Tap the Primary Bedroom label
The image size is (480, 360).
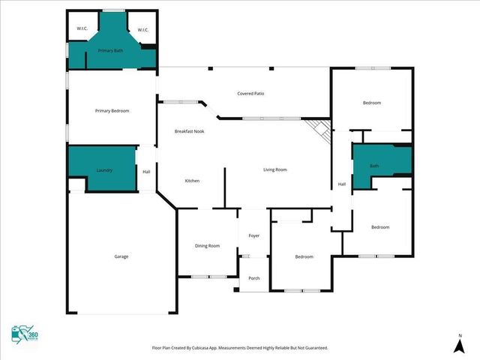pos(112,111)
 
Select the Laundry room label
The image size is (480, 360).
pos(104,170)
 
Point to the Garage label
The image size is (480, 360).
pos(121,256)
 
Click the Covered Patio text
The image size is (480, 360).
pos(250,94)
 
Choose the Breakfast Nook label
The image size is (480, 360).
pos(189,131)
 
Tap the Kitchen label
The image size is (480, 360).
pos(192,181)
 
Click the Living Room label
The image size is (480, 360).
pos(274,169)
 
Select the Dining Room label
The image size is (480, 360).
pos(207,245)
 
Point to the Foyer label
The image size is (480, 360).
pos(254,235)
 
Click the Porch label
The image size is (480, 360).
pos(254,278)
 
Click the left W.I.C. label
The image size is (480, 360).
pos(82,29)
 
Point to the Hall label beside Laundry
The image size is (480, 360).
pos(146,171)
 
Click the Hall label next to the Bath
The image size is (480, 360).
pos(341,184)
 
